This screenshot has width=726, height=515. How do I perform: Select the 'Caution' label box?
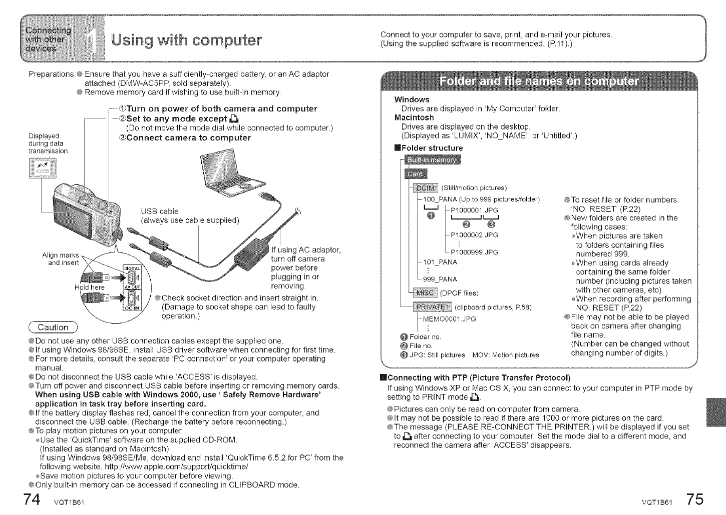click(x=54, y=327)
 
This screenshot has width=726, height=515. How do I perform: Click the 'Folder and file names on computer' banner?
click(x=539, y=82)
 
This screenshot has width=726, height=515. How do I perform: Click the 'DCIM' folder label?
click(x=426, y=187)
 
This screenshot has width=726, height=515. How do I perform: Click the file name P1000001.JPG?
click(x=474, y=211)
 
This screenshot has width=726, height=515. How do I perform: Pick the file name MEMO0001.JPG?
click(x=449, y=319)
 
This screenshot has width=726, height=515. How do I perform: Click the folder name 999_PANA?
click(x=440, y=279)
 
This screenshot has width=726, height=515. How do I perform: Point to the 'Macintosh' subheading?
click(x=414, y=117)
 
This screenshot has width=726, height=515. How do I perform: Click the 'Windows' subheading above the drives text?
click(x=412, y=99)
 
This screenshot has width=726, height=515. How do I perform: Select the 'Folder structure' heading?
click(x=432, y=148)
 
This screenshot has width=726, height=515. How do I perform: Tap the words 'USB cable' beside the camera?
click(x=160, y=211)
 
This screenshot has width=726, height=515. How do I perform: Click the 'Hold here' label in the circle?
click(x=90, y=287)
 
